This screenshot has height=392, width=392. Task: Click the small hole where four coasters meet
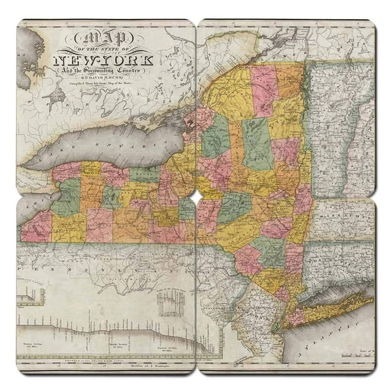pos(196,196)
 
